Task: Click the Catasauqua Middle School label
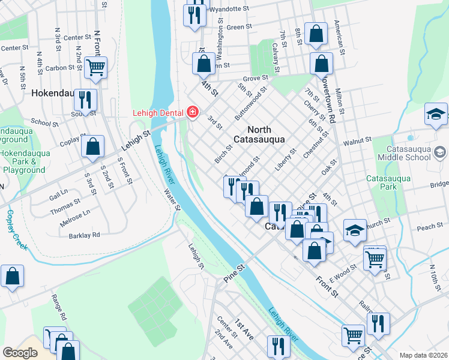tap(412, 152)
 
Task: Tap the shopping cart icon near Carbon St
tap(95, 68)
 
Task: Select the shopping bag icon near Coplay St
tap(93, 146)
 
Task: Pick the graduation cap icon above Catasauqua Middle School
tap(436, 113)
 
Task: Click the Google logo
tap(20, 353)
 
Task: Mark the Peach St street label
tap(429, 227)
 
